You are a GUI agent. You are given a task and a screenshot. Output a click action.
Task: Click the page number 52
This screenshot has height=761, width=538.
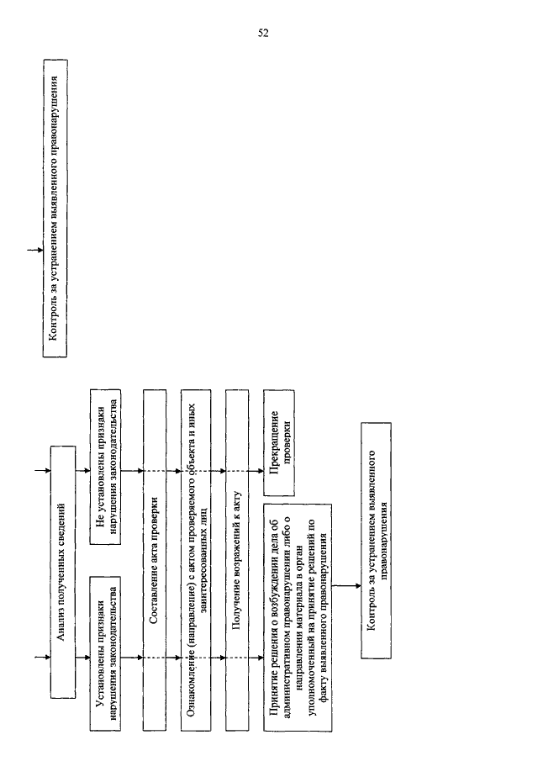(x=263, y=33)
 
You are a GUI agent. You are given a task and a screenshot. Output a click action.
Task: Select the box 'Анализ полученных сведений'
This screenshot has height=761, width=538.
(x=63, y=572)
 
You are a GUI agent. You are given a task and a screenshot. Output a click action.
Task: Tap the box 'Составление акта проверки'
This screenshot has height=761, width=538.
(x=155, y=559)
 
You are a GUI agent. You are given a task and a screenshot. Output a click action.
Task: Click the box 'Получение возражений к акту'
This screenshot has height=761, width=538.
(x=237, y=559)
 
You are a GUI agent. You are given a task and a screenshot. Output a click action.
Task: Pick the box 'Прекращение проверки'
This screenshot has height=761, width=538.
(x=279, y=442)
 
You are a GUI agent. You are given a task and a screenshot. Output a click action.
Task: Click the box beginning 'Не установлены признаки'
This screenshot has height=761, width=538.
(x=106, y=467)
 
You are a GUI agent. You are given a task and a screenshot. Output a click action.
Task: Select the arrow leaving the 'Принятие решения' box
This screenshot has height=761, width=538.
(x=346, y=586)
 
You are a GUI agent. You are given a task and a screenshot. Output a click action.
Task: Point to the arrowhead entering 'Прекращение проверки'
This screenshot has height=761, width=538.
(x=261, y=471)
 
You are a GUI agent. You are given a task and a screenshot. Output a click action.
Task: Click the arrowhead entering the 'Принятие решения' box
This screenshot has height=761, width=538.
(x=261, y=658)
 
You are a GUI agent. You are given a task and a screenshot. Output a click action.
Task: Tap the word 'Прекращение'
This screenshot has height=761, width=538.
(x=275, y=442)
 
